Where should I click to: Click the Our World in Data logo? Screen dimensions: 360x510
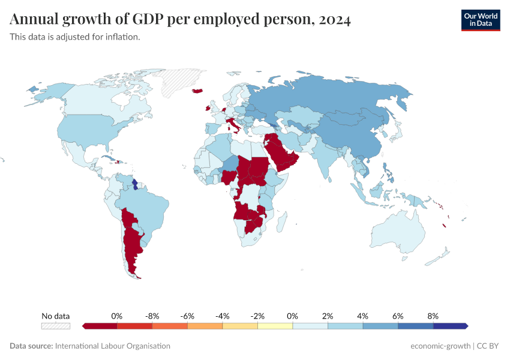(x=480, y=20)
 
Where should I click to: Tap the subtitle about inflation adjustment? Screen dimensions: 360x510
(x=75, y=37)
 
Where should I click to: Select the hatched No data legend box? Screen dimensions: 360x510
(x=55, y=326)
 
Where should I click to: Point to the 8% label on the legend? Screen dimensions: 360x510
(x=433, y=316)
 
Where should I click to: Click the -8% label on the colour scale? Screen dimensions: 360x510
(x=152, y=316)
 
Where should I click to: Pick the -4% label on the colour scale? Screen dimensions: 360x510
(x=223, y=316)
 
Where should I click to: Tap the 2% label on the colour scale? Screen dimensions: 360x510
(x=328, y=316)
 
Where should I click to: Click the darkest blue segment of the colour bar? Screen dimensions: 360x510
(x=450, y=326)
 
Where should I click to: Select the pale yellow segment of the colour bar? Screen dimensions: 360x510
(x=275, y=326)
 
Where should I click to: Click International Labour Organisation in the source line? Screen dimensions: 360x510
(x=112, y=346)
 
